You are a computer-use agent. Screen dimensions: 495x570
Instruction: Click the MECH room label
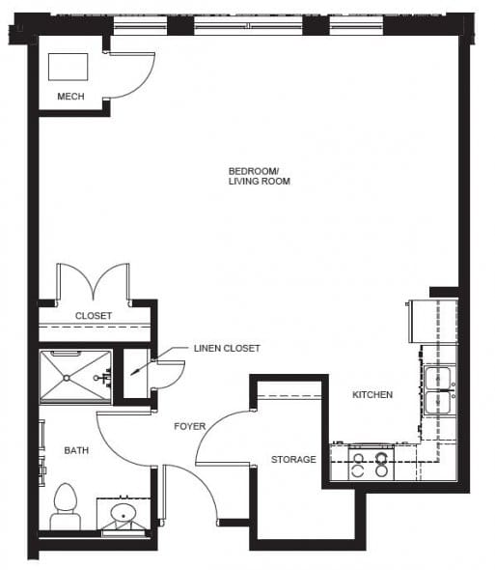tap(70, 97)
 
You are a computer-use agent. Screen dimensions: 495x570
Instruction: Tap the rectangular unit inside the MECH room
tap(69, 67)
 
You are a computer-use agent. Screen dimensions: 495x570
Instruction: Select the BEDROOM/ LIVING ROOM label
tap(259, 176)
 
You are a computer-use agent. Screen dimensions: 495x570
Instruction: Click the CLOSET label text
tap(94, 316)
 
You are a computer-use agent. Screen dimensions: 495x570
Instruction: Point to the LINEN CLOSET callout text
tap(227, 348)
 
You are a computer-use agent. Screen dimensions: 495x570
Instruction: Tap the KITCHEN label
tap(372, 395)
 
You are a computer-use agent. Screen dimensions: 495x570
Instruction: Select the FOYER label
tap(189, 426)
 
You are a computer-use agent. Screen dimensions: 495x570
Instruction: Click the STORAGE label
tap(293, 460)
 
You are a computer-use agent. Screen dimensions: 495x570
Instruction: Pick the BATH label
tap(76, 450)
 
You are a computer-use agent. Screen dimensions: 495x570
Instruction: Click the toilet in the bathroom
tap(66, 506)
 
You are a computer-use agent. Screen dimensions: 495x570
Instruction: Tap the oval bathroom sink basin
tap(124, 514)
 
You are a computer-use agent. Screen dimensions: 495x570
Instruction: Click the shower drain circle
tap(67, 378)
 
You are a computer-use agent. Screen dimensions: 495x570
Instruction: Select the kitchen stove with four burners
tap(371, 464)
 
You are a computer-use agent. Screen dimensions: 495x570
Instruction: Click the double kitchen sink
tap(439, 389)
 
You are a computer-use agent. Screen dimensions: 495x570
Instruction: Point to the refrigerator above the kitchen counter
tap(433, 322)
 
